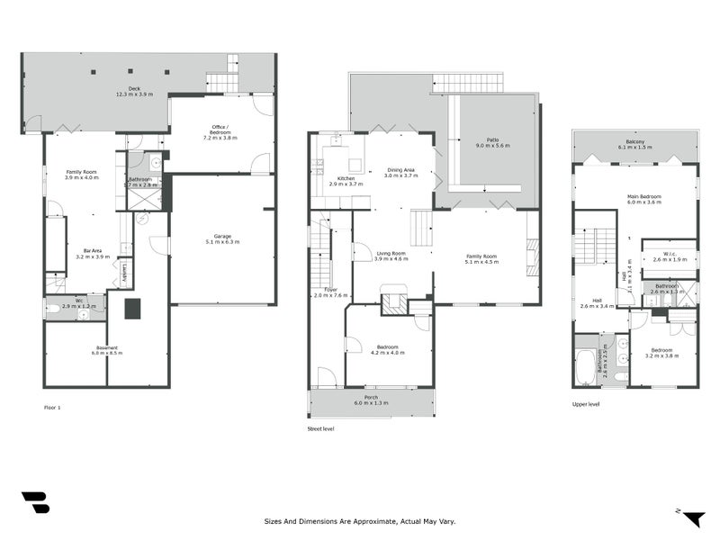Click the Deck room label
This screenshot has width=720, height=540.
click(x=133, y=89)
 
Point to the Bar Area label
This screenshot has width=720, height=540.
click(x=91, y=253)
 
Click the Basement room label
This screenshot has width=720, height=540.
click(x=106, y=348)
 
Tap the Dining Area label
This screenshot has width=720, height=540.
click(x=401, y=170)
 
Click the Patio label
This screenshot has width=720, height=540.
click(x=492, y=140)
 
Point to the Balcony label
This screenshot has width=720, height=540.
click(x=634, y=142)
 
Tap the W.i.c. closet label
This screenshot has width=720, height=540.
click(x=669, y=255)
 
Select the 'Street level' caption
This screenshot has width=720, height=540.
click(x=321, y=429)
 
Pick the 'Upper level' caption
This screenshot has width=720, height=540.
click(x=586, y=404)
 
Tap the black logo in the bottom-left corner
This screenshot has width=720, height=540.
click(x=35, y=502)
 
